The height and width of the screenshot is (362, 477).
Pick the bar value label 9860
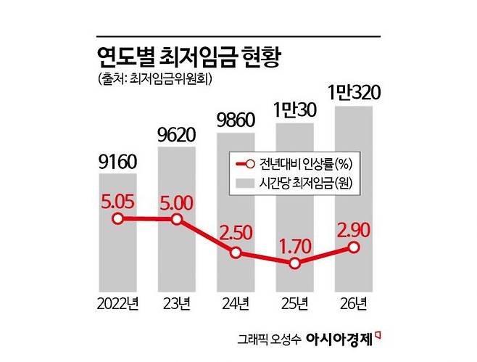coord(236,118)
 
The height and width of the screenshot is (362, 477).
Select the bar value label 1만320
coord(354,94)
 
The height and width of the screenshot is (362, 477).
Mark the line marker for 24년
coord(236,253)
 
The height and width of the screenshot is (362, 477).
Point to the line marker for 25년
coord(294,264)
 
